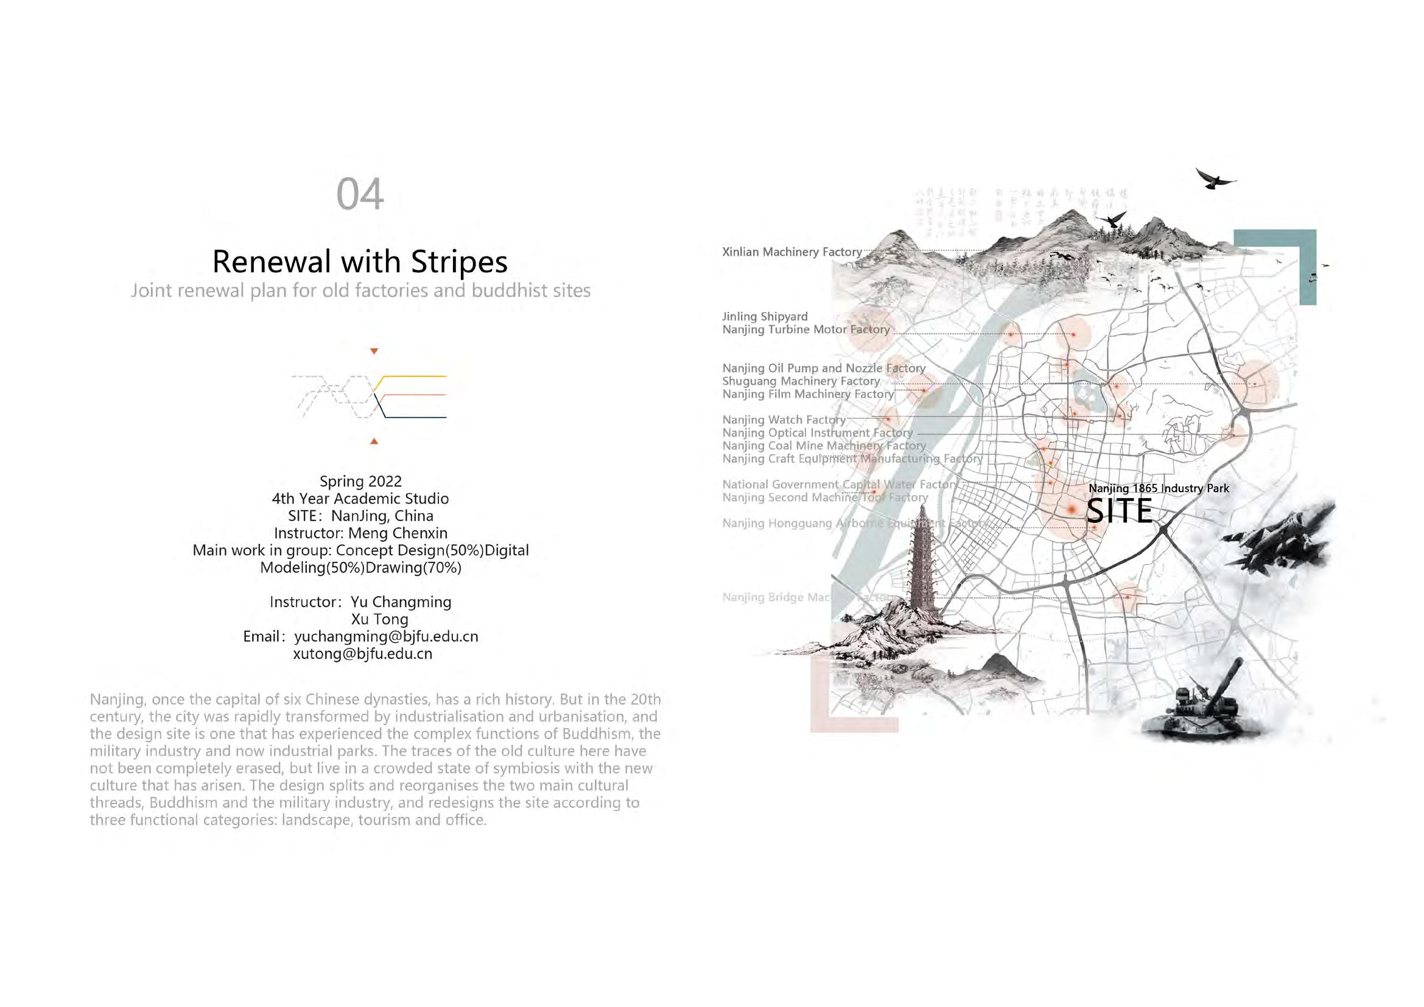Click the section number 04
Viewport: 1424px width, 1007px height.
point(360,194)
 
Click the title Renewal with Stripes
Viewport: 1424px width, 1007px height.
point(360,261)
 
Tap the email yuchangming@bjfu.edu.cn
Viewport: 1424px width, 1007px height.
point(386,637)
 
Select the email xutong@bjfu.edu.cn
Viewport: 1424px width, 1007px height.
point(362,654)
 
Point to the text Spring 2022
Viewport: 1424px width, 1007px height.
point(360,481)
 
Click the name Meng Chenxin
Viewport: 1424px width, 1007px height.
point(398,533)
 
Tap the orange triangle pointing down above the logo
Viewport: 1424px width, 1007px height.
point(374,351)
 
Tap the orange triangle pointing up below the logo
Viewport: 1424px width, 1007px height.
point(374,441)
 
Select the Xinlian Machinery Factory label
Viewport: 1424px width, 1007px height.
point(792,252)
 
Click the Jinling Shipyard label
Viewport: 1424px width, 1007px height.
point(765,316)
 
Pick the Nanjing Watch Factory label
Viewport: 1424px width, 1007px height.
point(784,420)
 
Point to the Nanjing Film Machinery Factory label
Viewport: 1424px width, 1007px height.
point(807,395)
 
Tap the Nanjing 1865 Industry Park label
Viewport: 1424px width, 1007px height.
point(1159,489)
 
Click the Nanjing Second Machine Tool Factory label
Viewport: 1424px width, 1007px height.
point(825,497)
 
